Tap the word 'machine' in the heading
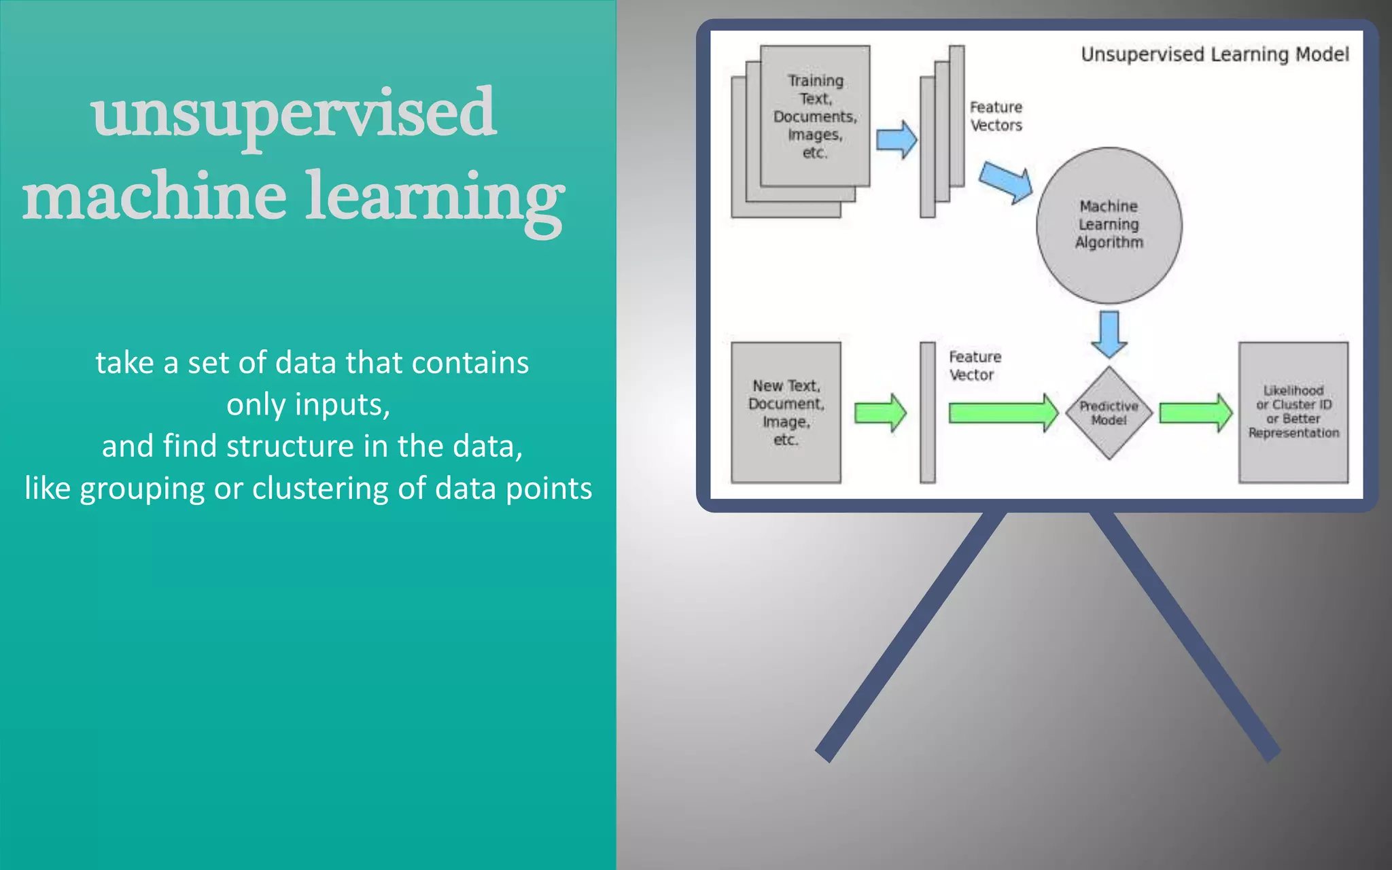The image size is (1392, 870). tap(154, 197)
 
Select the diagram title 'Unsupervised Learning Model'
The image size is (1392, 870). tap(1215, 54)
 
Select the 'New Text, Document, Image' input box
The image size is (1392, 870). tap(786, 413)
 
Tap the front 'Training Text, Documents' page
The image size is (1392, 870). tap(815, 116)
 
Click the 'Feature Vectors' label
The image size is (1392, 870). tap(996, 116)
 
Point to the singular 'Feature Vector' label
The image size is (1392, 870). tap(975, 366)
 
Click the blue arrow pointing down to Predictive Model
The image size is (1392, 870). tap(1109, 334)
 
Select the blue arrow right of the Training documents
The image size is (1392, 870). tap(897, 140)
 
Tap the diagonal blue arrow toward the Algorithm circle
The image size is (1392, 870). tap(1007, 182)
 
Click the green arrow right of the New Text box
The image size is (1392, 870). tap(880, 413)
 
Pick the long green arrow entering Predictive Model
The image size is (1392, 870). tap(1003, 413)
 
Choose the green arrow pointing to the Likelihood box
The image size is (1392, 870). tap(1196, 413)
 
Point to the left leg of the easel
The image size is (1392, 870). tap(911, 636)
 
